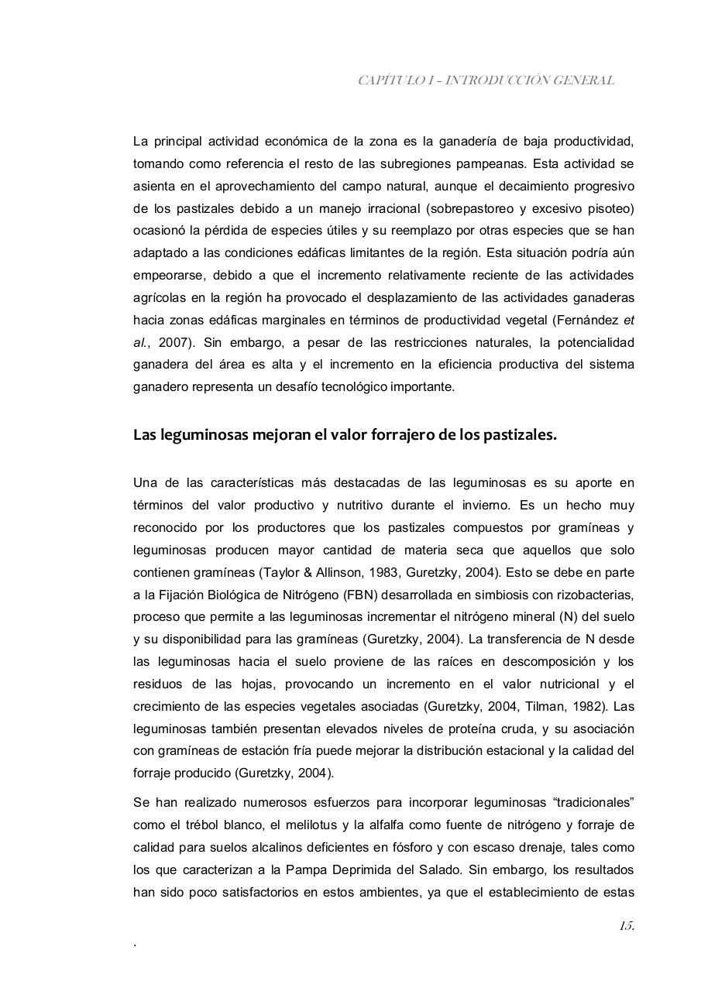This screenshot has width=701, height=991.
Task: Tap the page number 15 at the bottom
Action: click(626, 926)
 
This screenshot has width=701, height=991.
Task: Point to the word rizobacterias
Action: click(595, 595)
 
